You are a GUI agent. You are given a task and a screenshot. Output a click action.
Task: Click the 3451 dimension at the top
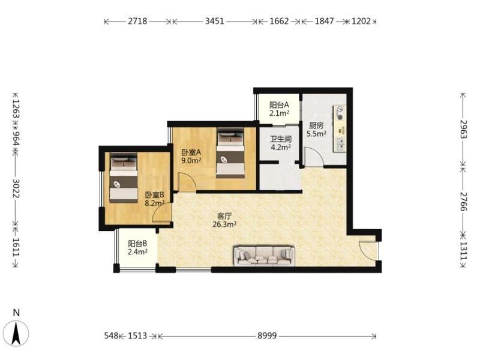pyautogui.click(x=215, y=21)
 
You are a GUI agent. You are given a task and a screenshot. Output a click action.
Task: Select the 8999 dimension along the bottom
pyautogui.click(x=267, y=336)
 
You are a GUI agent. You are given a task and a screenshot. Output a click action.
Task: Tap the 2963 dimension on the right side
pyautogui.click(x=463, y=129)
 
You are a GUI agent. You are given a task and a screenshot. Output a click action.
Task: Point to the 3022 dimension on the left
pyautogui.click(x=16, y=188)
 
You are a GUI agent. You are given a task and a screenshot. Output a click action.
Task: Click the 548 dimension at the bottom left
pyautogui.click(x=111, y=336)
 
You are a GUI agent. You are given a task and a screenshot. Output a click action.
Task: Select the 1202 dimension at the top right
pyautogui.click(x=361, y=21)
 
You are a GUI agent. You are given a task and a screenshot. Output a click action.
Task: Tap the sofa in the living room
pyautogui.click(x=265, y=256)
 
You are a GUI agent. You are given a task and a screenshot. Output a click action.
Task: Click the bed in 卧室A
pyautogui.click(x=230, y=153)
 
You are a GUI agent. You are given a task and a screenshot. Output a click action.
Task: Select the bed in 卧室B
pyautogui.click(x=124, y=178)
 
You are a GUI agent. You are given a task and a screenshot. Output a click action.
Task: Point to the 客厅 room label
pyautogui.click(x=224, y=216)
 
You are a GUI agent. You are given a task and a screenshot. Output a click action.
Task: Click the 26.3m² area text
pyautogui.click(x=224, y=224)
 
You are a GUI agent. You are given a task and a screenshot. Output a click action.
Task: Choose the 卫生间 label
pyautogui.click(x=280, y=139)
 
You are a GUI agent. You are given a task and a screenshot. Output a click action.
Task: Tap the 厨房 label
pyautogui.click(x=316, y=125)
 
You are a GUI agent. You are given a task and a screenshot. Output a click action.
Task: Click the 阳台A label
pyautogui.click(x=279, y=105)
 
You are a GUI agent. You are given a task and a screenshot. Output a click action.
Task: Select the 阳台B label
pyautogui.click(x=137, y=244)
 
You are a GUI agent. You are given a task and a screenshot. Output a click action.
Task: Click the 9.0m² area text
pyautogui.click(x=191, y=160)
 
